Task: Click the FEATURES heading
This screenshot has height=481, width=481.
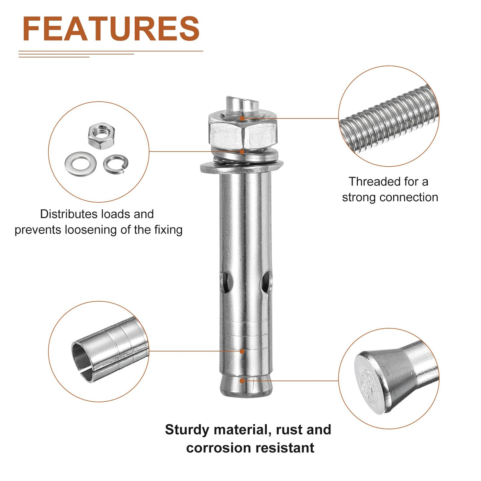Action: [x=111, y=29]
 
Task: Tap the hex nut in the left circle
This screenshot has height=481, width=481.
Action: [x=101, y=136]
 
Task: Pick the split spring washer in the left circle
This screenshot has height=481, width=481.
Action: [x=116, y=164]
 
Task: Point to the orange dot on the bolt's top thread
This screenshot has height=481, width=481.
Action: [x=242, y=118]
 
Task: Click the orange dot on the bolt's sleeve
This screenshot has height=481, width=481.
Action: [x=242, y=351]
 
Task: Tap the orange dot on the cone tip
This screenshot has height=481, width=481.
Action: [x=242, y=381]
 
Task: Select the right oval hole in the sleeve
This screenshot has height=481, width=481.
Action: [x=266, y=282]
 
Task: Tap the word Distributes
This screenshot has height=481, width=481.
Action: [x=69, y=214]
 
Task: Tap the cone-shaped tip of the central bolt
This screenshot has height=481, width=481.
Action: [x=246, y=387]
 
